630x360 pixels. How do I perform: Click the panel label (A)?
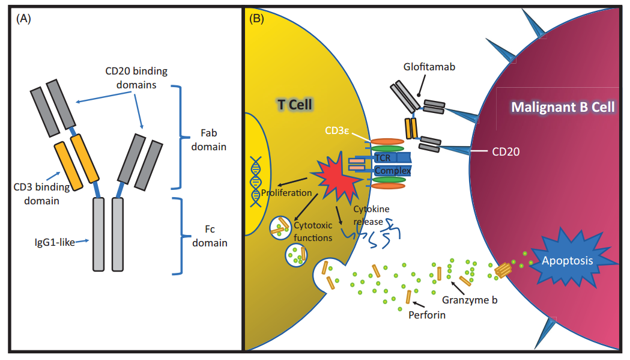23,19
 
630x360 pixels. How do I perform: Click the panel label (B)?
256,19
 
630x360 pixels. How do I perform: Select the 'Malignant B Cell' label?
563,107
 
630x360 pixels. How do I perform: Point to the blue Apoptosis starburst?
567,260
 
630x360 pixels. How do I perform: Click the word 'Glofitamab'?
429,67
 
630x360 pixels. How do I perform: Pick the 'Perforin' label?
427,314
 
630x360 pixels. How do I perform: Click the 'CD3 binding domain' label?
42,194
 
